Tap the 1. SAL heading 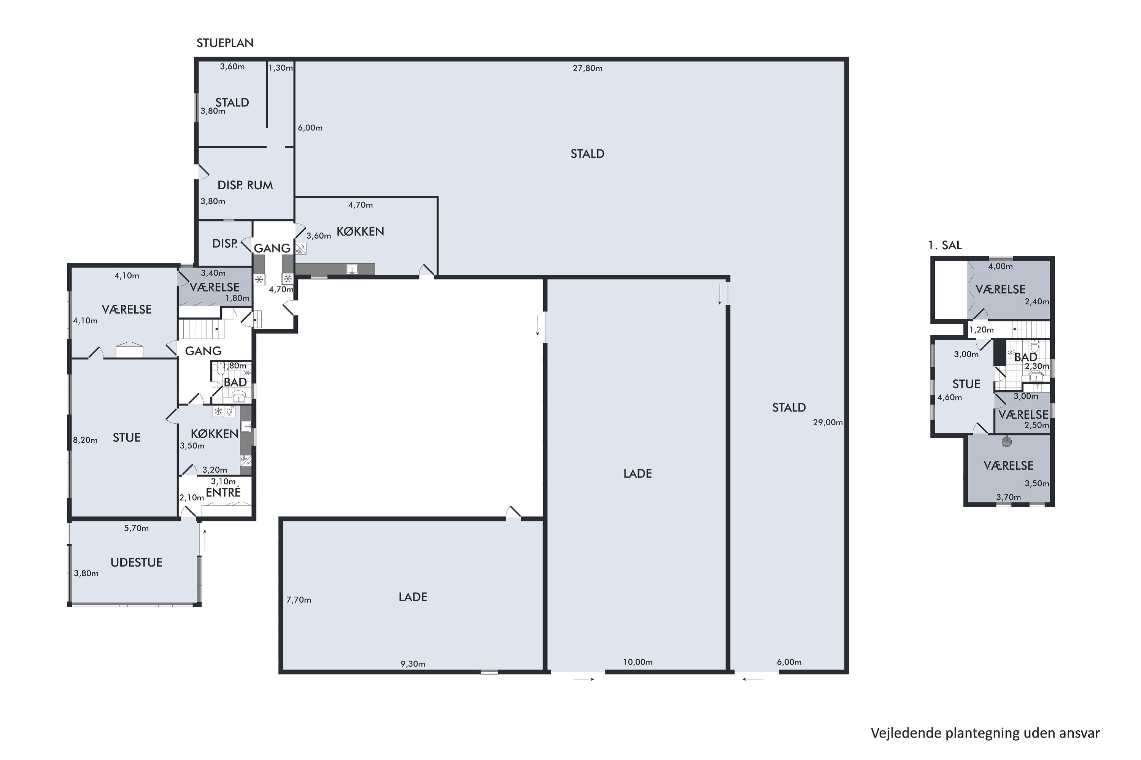coord(944,245)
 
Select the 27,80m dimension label coord(588,68)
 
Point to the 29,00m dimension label coord(828,422)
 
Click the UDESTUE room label coord(136,562)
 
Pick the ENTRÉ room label coord(223,492)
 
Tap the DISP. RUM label coord(245,185)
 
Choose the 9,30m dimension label coord(413,664)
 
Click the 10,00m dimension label coord(637,662)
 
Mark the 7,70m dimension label coord(299,600)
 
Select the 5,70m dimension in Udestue coord(136,528)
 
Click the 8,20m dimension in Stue coord(85,440)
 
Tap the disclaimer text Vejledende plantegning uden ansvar coord(985,733)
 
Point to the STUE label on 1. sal coord(966,384)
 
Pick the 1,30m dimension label coord(281,68)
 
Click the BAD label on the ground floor coord(235,382)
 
